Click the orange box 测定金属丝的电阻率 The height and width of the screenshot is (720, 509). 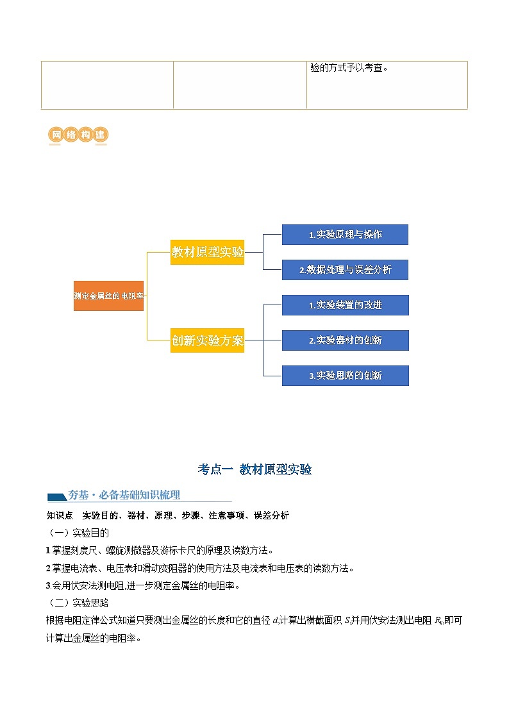[108, 296]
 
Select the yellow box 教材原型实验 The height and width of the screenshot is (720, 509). [207, 252]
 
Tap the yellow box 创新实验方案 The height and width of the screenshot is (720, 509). [207, 340]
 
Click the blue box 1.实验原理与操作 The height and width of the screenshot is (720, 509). [345, 235]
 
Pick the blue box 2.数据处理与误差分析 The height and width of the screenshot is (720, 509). [345, 270]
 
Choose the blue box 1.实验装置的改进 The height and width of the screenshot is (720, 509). [345, 305]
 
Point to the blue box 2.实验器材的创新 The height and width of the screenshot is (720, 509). [345, 340]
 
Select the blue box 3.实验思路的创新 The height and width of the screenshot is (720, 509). [345, 376]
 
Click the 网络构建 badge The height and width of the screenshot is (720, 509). [78, 135]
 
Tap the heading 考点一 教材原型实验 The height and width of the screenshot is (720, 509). [254, 469]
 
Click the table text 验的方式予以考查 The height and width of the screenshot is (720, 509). [349, 67]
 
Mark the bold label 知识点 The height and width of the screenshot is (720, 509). [60, 515]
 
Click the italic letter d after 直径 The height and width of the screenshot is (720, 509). [275, 620]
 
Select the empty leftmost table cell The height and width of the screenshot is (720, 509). [107, 85]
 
